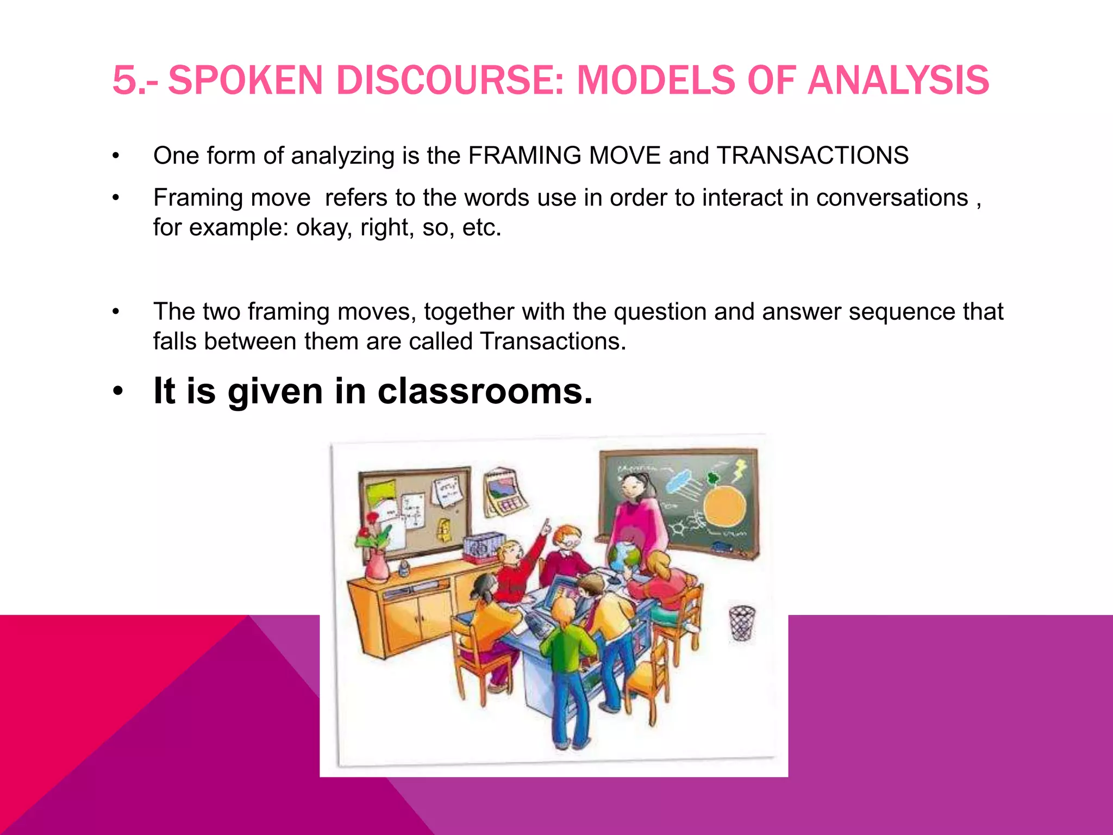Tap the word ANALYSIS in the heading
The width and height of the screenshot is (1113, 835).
898,80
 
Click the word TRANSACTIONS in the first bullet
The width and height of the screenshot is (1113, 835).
812,155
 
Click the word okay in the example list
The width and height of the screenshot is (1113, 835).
324,228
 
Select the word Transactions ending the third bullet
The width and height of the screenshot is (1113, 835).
553,341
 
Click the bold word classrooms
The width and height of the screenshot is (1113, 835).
485,391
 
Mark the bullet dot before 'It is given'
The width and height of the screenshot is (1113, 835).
117,391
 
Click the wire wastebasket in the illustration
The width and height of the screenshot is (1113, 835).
742,623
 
